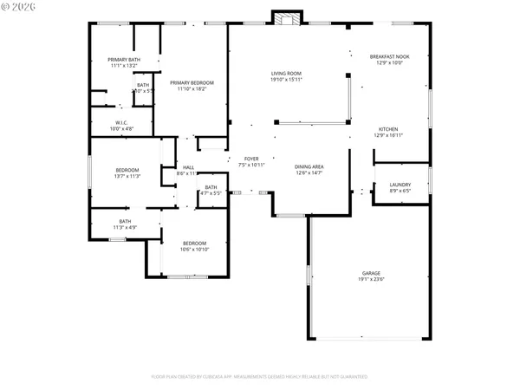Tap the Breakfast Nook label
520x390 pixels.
(388, 57)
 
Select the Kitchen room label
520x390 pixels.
(388, 129)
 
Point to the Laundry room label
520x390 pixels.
(400, 184)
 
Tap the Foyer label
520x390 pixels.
(251, 159)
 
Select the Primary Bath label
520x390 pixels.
(122, 59)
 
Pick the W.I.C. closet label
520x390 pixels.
(121, 122)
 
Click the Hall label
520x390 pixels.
(188, 167)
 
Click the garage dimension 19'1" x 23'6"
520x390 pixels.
(371, 279)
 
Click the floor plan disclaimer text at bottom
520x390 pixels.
(260, 377)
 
